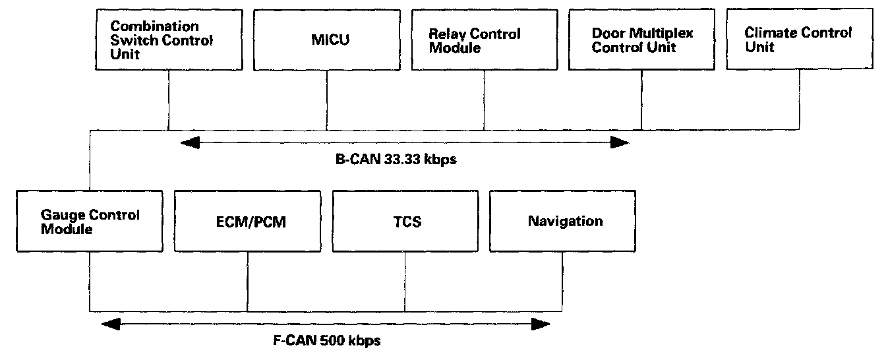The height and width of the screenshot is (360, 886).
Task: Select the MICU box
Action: coord(327,40)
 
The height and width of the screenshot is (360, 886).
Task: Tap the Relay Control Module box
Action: coord(485,40)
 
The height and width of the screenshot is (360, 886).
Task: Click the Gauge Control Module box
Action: coord(89,222)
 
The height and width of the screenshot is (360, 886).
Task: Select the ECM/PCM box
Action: coord(247,222)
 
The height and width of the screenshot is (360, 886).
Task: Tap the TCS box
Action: coord(405,222)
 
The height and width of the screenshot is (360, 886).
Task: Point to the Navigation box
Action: coord(562,222)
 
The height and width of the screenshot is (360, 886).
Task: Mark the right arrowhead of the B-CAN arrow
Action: coord(620,142)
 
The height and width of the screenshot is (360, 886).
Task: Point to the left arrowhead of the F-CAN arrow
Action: coord(111,323)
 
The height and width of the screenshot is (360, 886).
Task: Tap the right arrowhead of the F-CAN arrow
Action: coord(541,323)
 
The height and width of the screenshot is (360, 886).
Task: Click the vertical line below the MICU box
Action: coord(327,100)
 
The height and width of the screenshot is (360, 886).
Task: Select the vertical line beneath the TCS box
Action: coord(405,281)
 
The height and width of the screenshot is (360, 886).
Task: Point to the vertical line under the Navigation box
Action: coord(562,281)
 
